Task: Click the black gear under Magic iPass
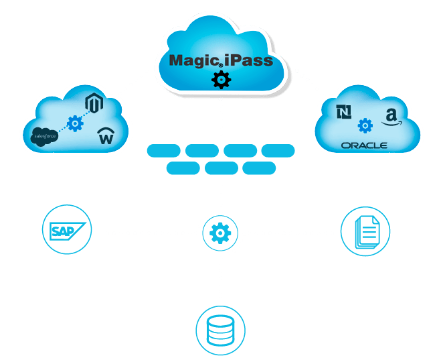click(x=220, y=80)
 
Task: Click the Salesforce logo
click(x=46, y=136)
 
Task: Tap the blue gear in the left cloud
click(x=75, y=124)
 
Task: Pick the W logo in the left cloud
click(x=105, y=137)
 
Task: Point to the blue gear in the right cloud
click(x=365, y=125)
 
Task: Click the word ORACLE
click(x=364, y=145)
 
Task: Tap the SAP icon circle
click(x=66, y=230)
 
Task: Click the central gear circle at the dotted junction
click(x=220, y=233)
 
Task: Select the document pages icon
click(x=365, y=231)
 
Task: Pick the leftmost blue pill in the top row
click(x=163, y=151)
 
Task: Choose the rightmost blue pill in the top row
click(x=278, y=151)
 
